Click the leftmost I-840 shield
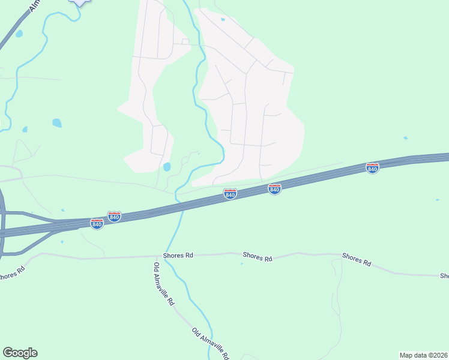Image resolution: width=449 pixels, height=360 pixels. coord(97,224)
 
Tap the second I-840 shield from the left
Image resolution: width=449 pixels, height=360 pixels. coord(115,216)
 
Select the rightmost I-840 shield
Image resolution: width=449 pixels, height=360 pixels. coord(372,169)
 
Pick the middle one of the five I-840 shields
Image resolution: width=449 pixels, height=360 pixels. coord(230,194)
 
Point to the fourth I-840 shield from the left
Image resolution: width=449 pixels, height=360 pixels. coord(274,189)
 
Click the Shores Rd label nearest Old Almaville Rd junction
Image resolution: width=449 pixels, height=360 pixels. coord(181,255)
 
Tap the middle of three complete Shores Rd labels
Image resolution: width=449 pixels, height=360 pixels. coord(258,257)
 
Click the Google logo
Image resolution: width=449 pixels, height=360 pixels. coord(20,353)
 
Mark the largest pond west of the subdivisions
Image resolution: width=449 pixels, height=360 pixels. coord(57,123)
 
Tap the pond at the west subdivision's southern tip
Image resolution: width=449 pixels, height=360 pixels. coord(167,167)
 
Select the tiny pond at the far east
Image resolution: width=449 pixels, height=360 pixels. coord(406,138)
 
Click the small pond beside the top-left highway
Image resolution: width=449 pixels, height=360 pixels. coord(19,34)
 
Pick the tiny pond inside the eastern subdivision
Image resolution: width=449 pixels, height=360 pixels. coord(223,20)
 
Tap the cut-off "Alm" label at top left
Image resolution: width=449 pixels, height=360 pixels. coord(34,4)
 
